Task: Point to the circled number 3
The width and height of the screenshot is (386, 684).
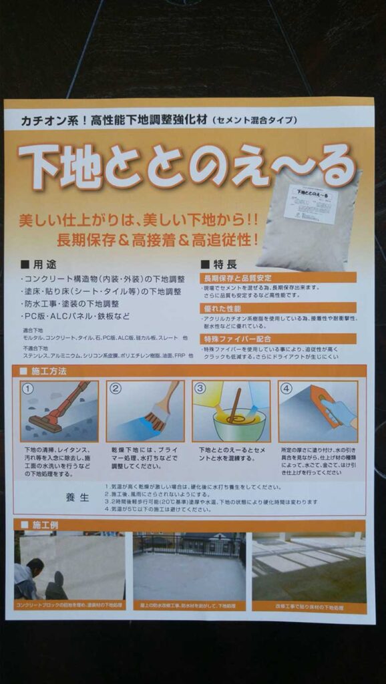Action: point(200,389)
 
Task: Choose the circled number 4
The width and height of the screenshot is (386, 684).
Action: point(286,389)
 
